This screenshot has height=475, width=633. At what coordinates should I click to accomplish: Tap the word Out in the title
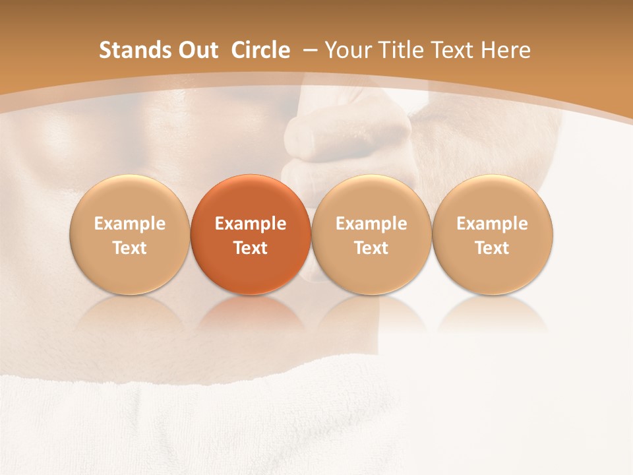196,50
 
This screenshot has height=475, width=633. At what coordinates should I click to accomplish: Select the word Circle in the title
260,50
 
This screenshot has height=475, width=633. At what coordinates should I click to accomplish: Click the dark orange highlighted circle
251,234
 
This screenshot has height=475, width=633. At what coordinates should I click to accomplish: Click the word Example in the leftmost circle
130,224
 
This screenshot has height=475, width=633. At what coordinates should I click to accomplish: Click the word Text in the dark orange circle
251,248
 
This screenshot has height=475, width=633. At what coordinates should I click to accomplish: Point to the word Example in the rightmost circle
493,224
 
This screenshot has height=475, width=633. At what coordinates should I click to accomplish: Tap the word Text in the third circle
371,248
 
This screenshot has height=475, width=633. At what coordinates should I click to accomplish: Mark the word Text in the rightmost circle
493,248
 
